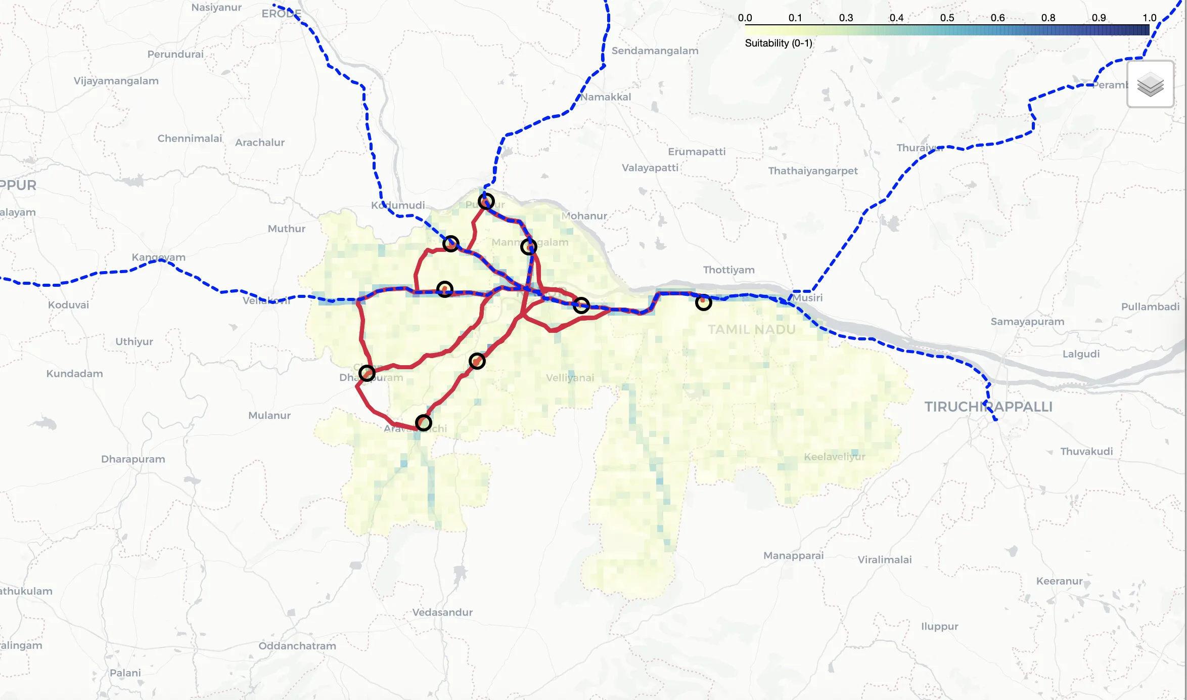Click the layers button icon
[x=1150, y=84]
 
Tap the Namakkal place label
[x=606, y=97]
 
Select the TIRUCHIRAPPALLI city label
[x=988, y=407]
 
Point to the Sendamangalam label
[x=655, y=51]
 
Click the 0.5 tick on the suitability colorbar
[x=947, y=18]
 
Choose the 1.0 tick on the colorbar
[x=1149, y=18]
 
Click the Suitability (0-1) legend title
[x=779, y=43]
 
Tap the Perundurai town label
[x=175, y=54]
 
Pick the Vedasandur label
[x=442, y=612]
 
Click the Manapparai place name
[x=793, y=555]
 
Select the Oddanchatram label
[x=297, y=646]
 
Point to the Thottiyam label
[x=728, y=270]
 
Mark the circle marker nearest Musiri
[x=703, y=302]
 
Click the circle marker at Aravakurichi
[x=423, y=422]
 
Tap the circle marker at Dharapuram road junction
[x=367, y=373]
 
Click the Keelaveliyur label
[x=835, y=457]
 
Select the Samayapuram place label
[x=1027, y=322]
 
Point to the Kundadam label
[x=75, y=374]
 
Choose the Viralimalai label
[x=885, y=559]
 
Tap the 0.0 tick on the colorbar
[x=745, y=18]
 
